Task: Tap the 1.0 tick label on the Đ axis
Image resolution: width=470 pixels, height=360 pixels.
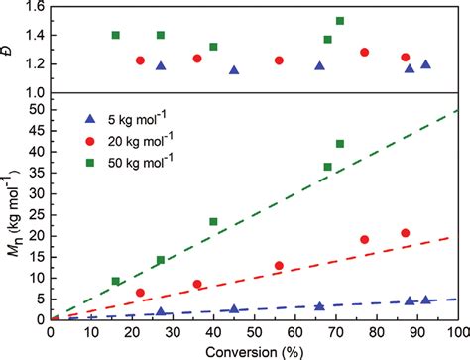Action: tap(35, 92)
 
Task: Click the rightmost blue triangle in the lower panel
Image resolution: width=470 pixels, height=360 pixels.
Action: tap(425, 300)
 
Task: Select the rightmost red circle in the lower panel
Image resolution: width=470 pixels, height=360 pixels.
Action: tap(405, 233)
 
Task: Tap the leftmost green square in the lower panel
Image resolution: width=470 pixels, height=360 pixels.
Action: tap(116, 281)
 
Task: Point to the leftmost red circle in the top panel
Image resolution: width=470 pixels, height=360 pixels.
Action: tap(140, 60)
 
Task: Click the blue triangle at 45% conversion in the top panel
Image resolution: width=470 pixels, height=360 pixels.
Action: tap(234, 70)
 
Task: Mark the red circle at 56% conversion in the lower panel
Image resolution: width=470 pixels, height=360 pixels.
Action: tap(279, 265)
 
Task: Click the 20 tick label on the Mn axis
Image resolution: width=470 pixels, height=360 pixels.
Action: tap(35, 236)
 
